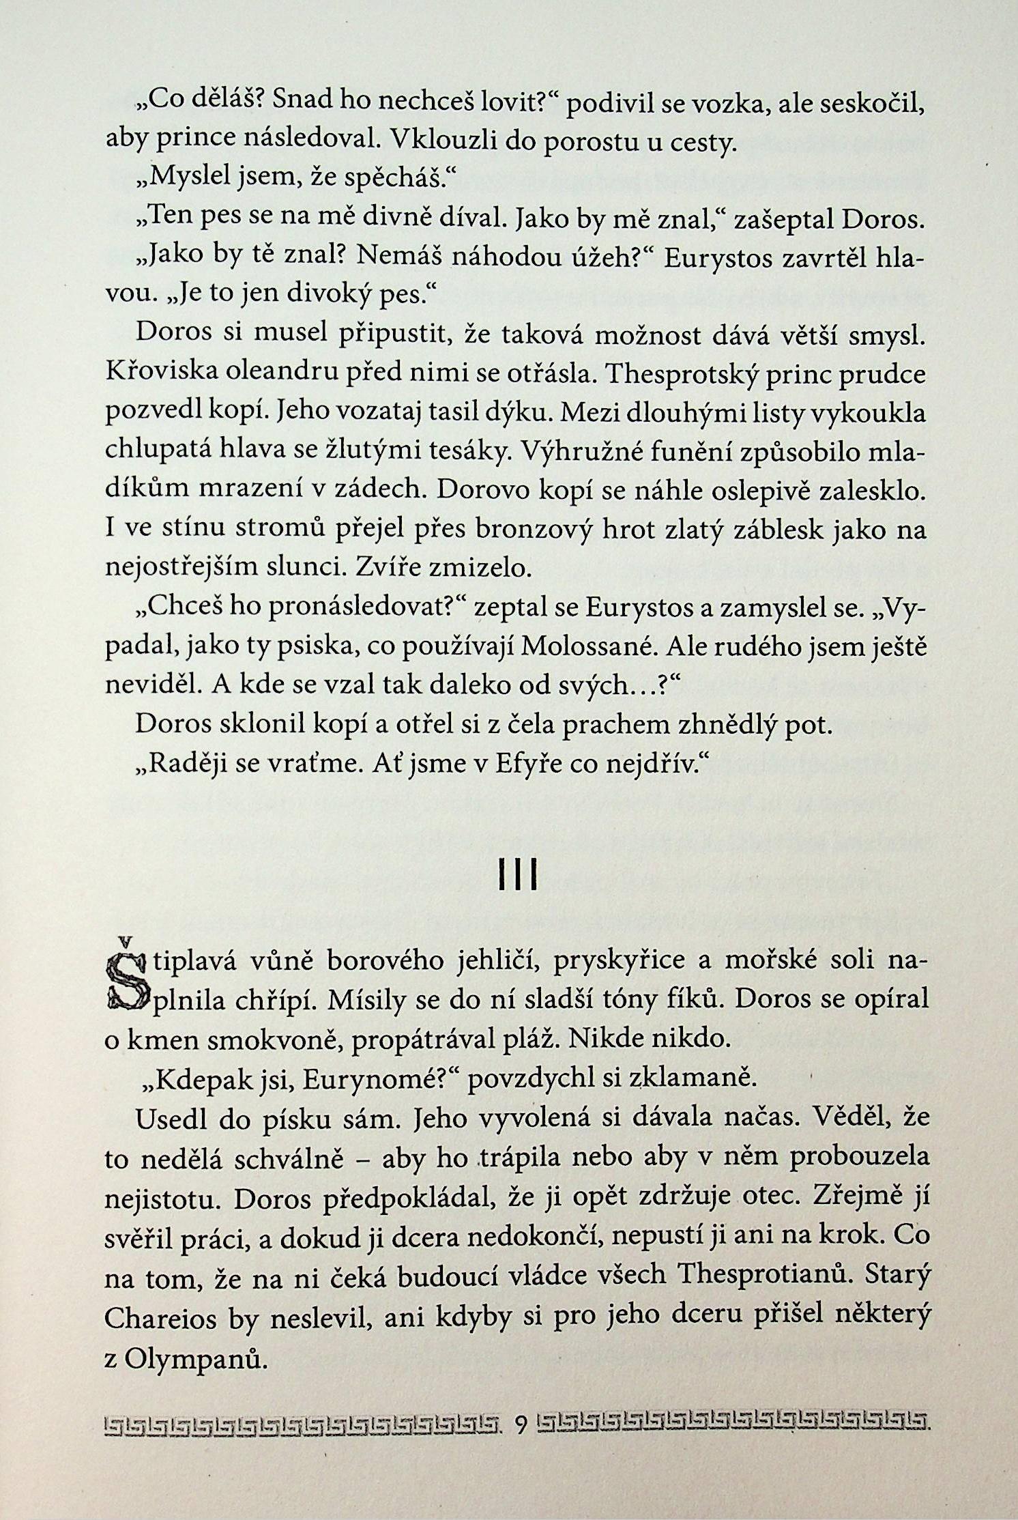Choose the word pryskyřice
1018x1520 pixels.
[x=628, y=962]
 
